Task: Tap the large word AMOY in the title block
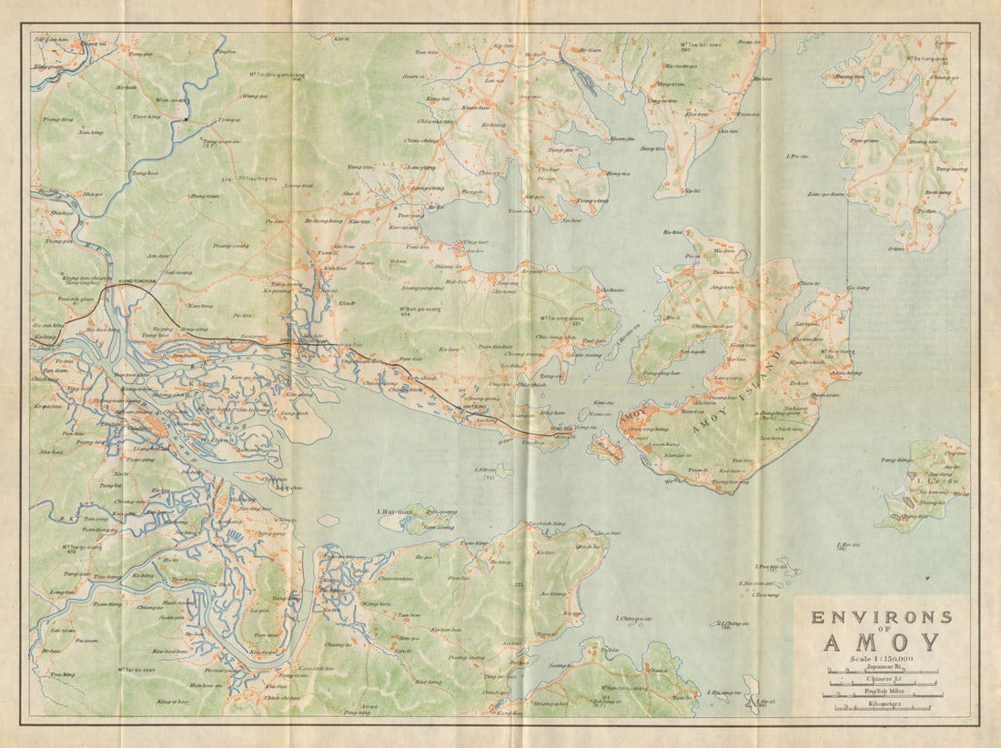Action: pyautogui.click(x=881, y=642)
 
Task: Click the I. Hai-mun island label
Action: pyautogui.click(x=394, y=510)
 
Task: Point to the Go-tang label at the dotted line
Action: pyautogui.click(x=856, y=288)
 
